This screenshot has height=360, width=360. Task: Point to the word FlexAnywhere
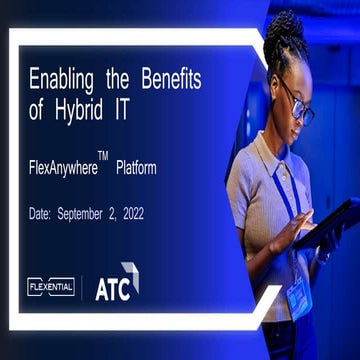point(61,169)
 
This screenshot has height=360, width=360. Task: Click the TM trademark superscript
point(103,157)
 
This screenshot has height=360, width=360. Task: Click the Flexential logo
point(51,287)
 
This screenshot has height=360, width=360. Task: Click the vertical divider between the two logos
point(82,287)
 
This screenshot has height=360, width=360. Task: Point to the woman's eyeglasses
point(297,105)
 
